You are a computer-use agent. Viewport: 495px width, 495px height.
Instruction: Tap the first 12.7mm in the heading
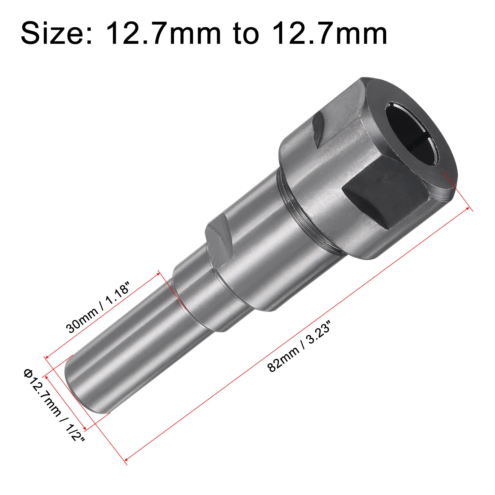pos(163,34)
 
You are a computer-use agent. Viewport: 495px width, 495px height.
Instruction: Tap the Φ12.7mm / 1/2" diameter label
pos(54,405)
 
